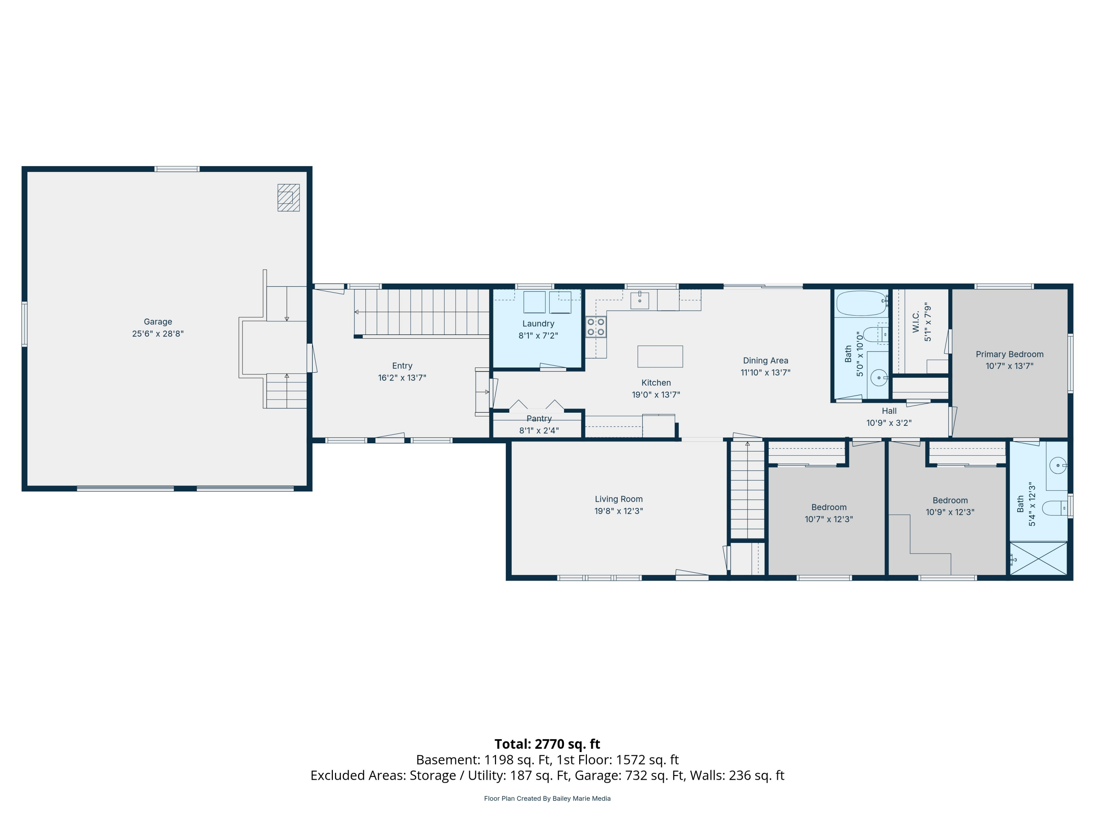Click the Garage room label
158,322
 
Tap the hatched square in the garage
289,197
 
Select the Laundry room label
538,324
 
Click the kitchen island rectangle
660,356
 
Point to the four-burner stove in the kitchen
596,327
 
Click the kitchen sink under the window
639,300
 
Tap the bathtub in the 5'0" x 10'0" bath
861,303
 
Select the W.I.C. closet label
916,322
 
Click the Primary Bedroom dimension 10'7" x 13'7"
1009,366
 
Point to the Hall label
889,411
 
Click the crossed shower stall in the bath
1038,559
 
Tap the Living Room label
619,499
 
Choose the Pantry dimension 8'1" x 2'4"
539,431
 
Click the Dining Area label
765,361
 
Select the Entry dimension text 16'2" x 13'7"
402,378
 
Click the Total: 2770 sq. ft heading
547,744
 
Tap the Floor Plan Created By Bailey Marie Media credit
547,798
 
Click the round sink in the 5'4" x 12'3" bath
1057,466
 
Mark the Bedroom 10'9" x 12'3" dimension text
950,512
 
